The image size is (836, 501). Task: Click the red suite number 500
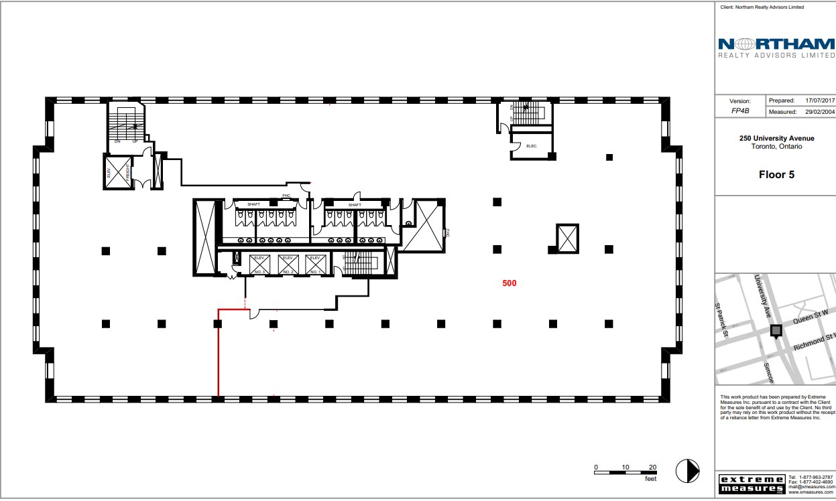pos(510,283)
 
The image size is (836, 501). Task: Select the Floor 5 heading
pos(776,175)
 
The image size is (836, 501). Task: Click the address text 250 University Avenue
pos(776,139)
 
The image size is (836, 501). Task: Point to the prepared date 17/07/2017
pos(819,100)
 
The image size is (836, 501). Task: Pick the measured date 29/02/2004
pos(819,112)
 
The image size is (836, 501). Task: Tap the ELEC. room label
pos(532,146)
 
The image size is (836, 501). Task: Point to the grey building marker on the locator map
pos(776,331)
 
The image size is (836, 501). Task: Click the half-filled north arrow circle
pos(687,470)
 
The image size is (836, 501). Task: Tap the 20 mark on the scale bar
pos(653,467)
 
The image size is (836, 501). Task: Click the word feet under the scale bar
pos(650,480)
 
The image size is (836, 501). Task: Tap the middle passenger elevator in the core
pos(288,265)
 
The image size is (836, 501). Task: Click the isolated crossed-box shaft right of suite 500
pos(567,238)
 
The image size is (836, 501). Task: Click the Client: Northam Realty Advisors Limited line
pos(762,7)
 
